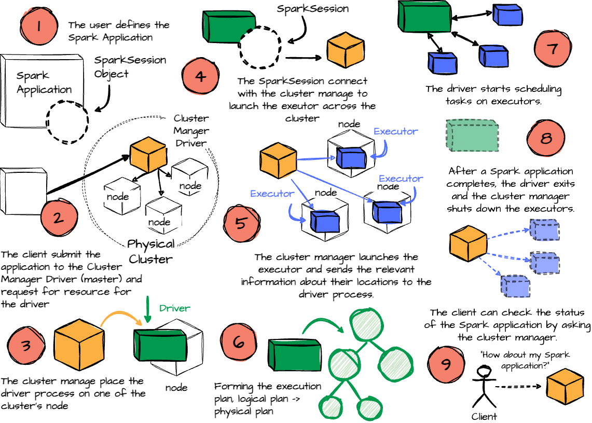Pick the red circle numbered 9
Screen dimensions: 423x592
[x=445, y=364]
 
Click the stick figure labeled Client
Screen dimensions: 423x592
[x=484, y=386]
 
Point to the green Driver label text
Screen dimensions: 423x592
[x=174, y=308]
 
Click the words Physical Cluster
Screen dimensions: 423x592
[x=150, y=251]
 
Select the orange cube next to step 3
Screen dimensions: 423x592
[x=73, y=344]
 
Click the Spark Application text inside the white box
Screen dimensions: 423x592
[x=44, y=83]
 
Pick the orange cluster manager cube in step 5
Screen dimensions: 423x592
[x=278, y=161]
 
